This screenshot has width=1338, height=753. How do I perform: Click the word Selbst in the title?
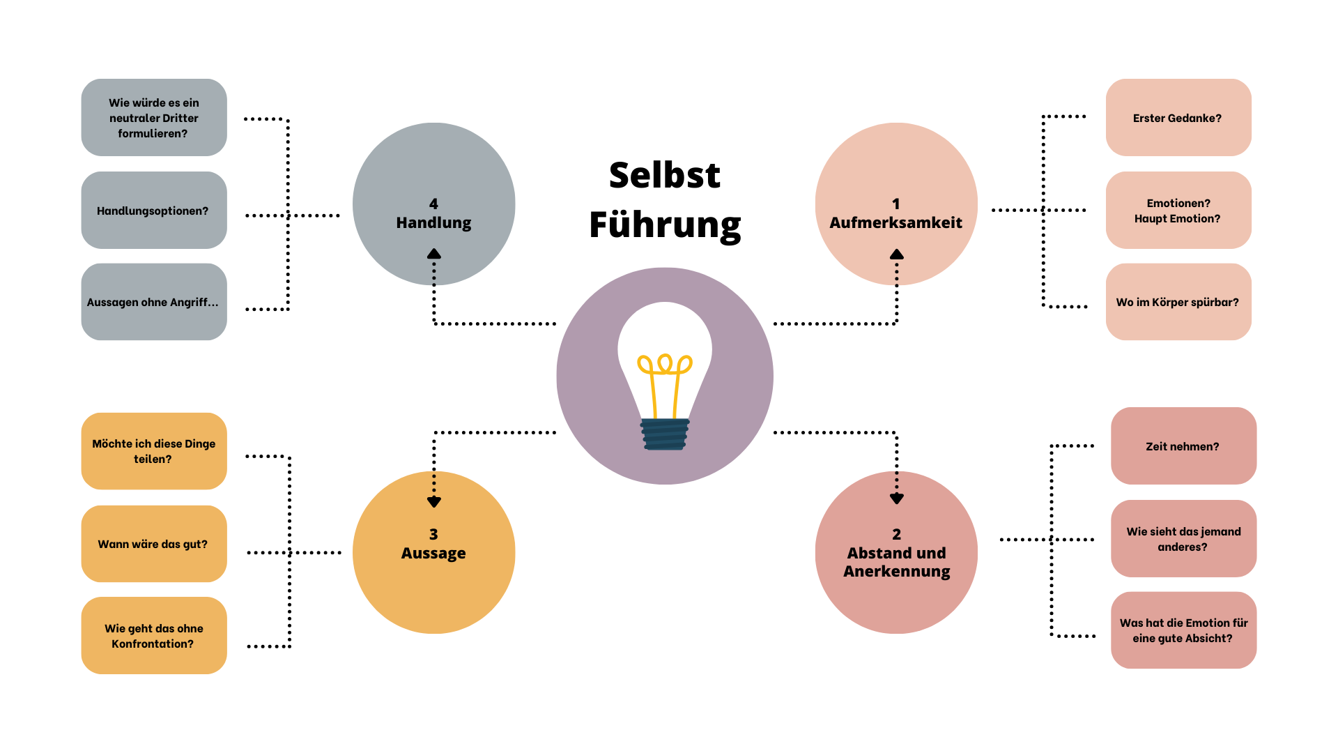pyautogui.click(x=665, y=175)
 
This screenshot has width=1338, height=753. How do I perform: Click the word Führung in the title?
pyautogui.click(x=665, y=225)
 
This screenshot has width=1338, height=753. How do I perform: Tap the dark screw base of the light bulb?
pyautogui.click(x=665, y=434)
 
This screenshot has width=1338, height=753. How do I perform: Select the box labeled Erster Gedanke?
pyautogui.click(x=1178, y=117)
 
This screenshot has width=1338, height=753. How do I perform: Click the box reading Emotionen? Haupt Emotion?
pyautogui.click(x=1178, y=210)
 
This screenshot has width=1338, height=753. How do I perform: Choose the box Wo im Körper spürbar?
pyautogui.click(x=1178, y=302)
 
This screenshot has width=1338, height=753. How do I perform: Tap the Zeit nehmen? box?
pyautogui.click(x=1183, y=446)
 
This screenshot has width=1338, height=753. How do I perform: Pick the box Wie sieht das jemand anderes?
pyautogui.click(x=1183, y=538)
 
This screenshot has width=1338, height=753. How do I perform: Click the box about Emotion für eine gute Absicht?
pyautogui.click(x=1183, y=630)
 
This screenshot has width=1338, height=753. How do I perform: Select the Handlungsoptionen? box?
pyautogui.click(x=154, y=210)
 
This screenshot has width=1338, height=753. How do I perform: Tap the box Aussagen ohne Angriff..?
pyautogui.click(x=154, y=302)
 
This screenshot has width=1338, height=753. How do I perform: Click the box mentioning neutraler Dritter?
pyautogui.click(x=154, y=117)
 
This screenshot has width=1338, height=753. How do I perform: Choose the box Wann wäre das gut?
pyautogui.click(x=154, y=544)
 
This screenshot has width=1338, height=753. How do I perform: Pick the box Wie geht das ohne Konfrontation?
pyautogui.click(x=154, y=635)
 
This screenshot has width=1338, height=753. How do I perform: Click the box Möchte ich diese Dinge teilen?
pyautogui.click(x=154, y=451)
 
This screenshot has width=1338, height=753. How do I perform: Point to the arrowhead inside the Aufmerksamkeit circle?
pyautogui.click(x=897, y=254)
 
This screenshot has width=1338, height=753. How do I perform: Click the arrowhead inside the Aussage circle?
pyautogui.click(x=434, y=502)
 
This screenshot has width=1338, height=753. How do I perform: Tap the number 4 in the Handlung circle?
pyautogui.click(x=433, y=204)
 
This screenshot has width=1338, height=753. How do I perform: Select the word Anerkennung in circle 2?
pyautogui.click(x=897, y=572)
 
